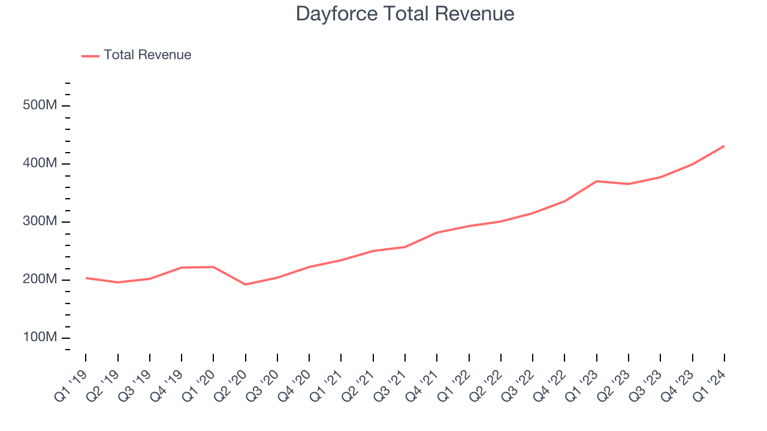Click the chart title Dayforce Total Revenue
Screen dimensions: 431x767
405,14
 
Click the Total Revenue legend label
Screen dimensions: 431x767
147,55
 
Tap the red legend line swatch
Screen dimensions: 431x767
90,56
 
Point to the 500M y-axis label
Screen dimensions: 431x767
40,106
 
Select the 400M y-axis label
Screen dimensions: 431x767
40,164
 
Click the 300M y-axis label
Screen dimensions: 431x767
40,222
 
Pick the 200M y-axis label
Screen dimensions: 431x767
40,280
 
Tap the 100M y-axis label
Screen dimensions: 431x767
40,338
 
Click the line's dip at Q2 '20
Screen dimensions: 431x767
246,284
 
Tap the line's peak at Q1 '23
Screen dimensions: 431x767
597,181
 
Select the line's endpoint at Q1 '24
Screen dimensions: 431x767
724,146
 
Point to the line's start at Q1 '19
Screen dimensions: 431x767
86,278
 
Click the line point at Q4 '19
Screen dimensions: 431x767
182,268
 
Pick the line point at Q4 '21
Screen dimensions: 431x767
437,232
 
